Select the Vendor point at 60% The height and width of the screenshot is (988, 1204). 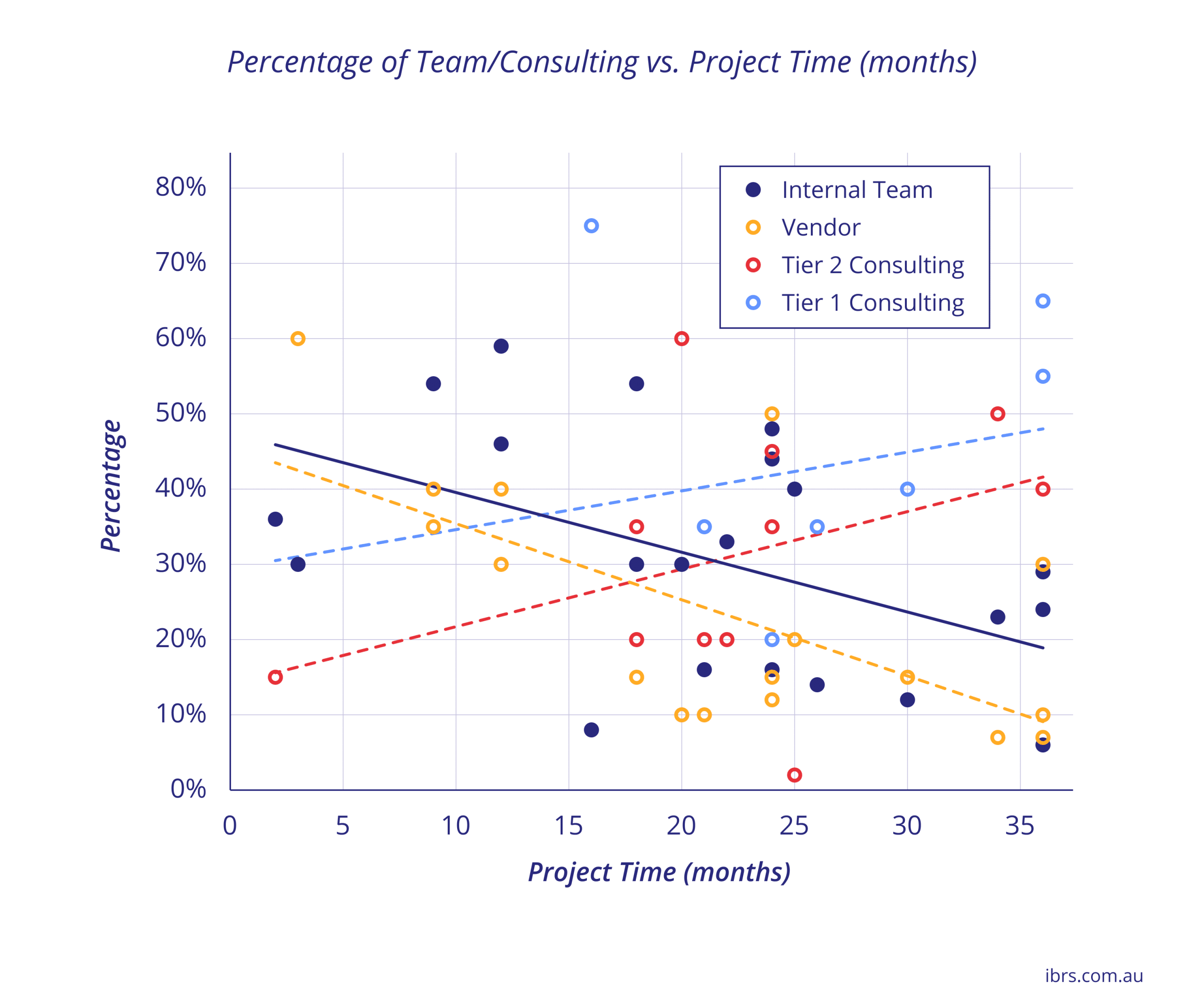[298, 339]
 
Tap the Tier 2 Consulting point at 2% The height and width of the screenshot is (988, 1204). [794, 775]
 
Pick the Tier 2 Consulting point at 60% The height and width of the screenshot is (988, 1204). [681, 339]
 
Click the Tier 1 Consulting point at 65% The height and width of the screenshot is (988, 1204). [1042, 301]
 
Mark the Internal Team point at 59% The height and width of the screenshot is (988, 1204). [501, 346]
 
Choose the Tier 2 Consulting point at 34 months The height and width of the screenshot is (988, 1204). [998, 414]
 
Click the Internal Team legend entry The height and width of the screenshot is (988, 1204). [857, 190]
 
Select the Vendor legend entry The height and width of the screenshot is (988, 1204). [820, 228]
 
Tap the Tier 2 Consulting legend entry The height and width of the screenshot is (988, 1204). [872, 265]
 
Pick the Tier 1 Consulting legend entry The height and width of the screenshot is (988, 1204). [872, 303]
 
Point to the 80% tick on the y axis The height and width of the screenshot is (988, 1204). [181, 187]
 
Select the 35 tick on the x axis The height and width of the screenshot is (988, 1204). [1020, 826]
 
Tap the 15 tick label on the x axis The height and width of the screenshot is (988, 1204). [568, 826]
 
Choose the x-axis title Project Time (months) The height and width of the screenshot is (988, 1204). [659, 872]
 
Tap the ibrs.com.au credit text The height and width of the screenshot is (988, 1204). [1093, 975]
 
